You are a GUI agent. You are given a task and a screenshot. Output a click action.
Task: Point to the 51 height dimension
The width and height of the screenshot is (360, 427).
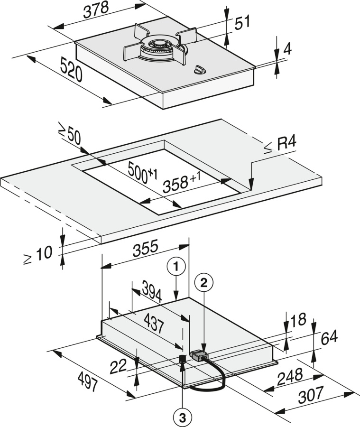(x=242, y=22)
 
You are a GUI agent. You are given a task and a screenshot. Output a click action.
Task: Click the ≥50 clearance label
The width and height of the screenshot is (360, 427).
(x=70, y=135)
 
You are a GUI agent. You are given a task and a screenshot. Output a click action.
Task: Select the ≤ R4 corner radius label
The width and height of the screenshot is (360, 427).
(x=283, y=146)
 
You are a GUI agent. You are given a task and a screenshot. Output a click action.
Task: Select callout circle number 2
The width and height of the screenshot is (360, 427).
(x=204, y=283)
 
